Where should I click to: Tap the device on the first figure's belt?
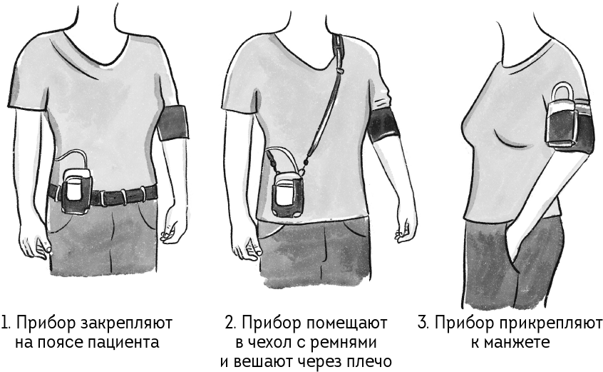pos(76,190)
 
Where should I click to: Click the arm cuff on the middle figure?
pos(382,126)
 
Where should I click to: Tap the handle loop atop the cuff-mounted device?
pos(563,91)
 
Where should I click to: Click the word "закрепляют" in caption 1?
pos(126,324)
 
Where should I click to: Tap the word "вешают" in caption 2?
pos(262,361)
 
